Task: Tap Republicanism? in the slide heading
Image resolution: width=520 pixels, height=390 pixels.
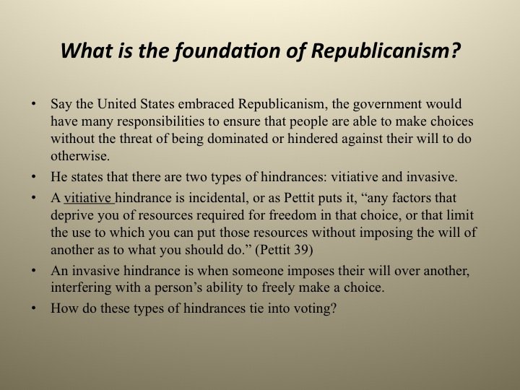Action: coord(386,51)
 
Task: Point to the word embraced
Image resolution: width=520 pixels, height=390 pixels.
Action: coord(207,104)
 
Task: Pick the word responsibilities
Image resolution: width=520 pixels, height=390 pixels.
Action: coord(161,122)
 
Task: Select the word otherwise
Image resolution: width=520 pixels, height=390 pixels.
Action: coord(80,156)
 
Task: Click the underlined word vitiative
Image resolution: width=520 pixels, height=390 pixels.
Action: coord(88,198)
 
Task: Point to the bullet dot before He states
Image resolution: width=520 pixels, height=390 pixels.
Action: coord(33,177)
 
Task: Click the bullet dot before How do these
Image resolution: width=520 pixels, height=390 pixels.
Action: coord(33,308)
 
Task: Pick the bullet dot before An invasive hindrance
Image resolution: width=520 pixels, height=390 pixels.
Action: coord(33,271)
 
